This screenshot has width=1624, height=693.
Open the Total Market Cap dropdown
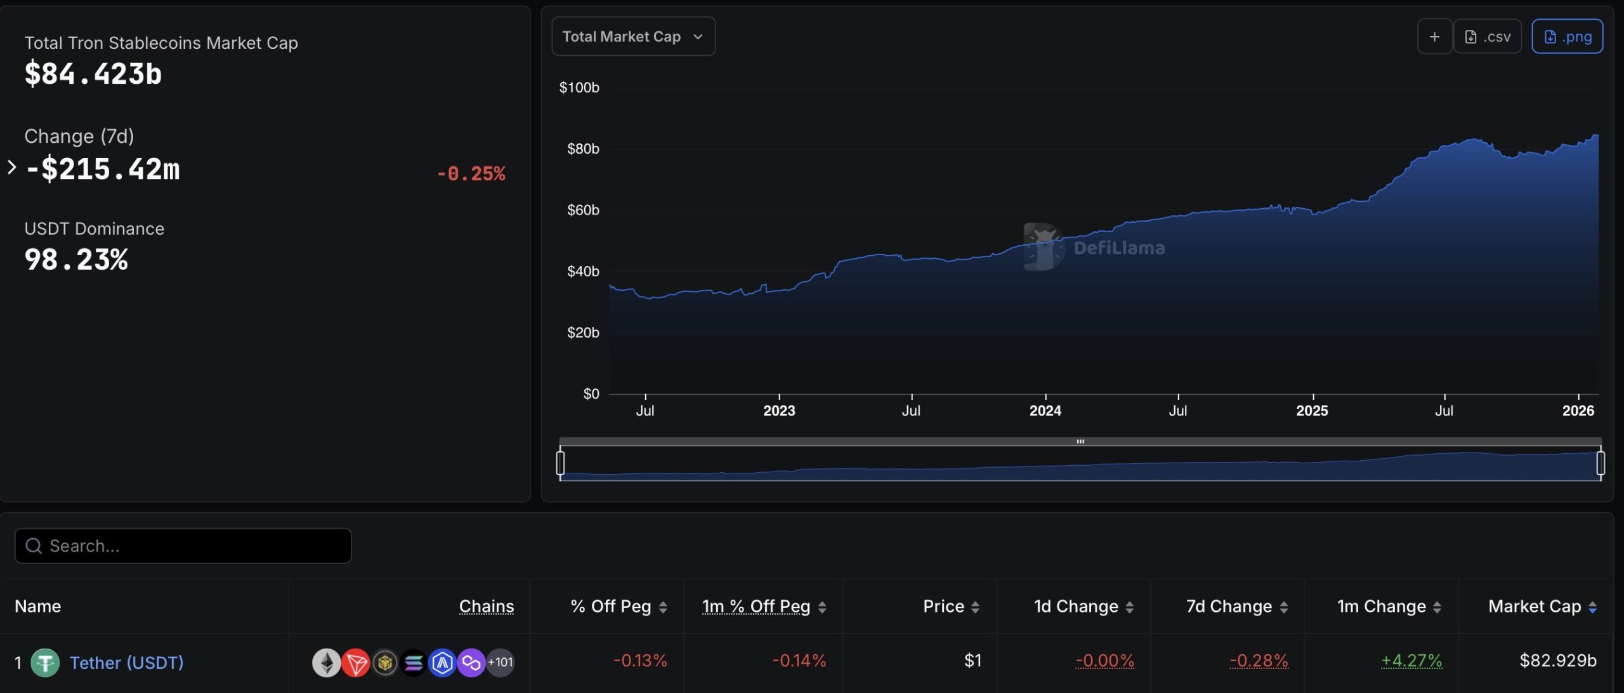tap(632, 37)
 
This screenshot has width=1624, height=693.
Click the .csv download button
tap(1488, 37)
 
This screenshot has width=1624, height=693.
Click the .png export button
tap(1567, 37)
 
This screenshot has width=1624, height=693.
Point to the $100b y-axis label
tap(579, 88)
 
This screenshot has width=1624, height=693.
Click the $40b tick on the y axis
tap(582, 272)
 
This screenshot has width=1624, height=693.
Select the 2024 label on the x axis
tap(1045, 411)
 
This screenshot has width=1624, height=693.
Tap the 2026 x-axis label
tap(1578, 411)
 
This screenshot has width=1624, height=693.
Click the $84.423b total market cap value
tap(93, 74)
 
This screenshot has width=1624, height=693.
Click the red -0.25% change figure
tap(471, 174)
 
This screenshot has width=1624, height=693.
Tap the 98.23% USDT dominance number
tap(76, 260)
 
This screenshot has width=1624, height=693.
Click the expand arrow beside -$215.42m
tap(11, 168)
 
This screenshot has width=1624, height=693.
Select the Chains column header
tap(486, 607)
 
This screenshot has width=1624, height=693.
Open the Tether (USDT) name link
tap(126, 663)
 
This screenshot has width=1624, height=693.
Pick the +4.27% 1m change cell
tap(1411, 661)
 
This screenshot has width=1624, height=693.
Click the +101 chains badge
tap(501, 663)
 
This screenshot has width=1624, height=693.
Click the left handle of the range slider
tap(560, 463)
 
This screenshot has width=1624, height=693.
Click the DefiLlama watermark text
tap(1118, 248)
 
